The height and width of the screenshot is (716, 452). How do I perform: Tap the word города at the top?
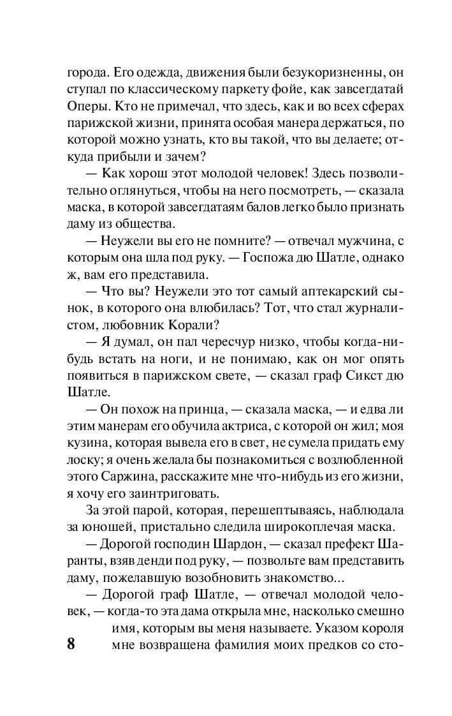click(87, 71)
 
